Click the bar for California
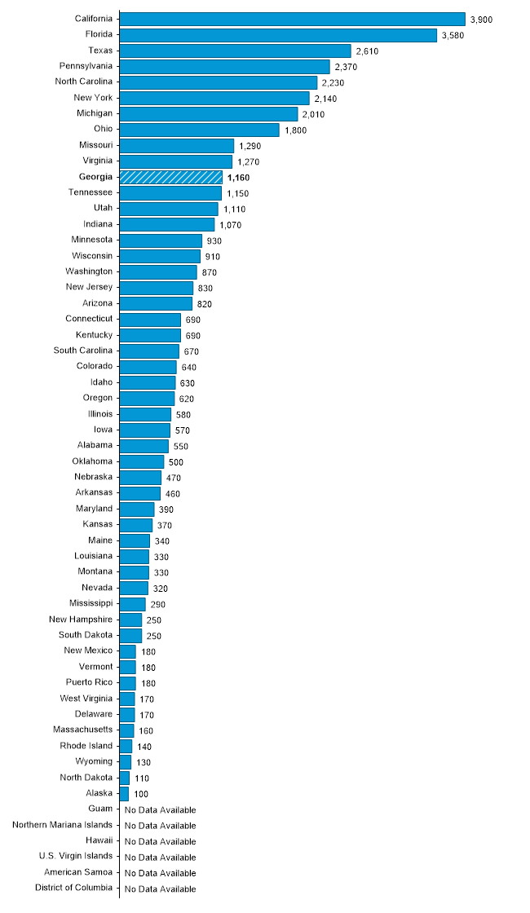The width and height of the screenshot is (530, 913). pyautogui.click(x=292, y=19)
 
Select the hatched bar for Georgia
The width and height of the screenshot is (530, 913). pyautogui.click(x=170, y=177)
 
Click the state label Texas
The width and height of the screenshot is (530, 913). pyautogui.click(x=100, y=51)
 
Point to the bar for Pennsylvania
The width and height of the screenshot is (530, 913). pyautogui.click(x=224, y=66)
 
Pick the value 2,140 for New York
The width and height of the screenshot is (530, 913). pyautogui.click(x=326, y=99)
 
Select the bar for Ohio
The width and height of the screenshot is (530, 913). pyautogui.click(x=199, y=130)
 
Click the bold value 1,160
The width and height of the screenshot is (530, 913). pyautogui.click(x=239, y=177)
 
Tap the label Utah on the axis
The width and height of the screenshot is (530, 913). pyautogui.click(x=104, y=208)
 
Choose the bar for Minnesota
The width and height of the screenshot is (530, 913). pyautogui.click(x=161, y=240)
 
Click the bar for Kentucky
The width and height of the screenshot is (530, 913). pyautogui.click(x=150, y=335)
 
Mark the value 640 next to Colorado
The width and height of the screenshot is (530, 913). pyautogui.click(x=189, y=367)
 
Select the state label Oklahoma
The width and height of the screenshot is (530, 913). pyautogui.click(x=92, y=461)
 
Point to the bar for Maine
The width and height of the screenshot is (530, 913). pyautogui.click(x=135, y=540)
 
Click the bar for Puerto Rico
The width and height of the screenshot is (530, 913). pyautogui.click(x=128, y=683)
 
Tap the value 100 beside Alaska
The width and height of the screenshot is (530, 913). pyautogui.click(x=142, y=793)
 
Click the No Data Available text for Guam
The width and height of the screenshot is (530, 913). pyautogui.click(x=160, y=809)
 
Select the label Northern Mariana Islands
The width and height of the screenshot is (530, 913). pyautogui.click(x=63, y=825)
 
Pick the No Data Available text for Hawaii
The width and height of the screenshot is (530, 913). pyautogui.click(x=160, y=841)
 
